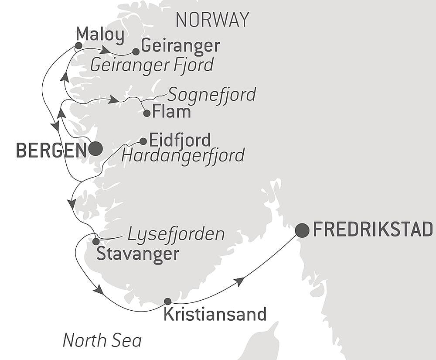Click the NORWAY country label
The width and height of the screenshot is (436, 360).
[x=212, y=20]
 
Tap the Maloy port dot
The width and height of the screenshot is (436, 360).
[x=78, y=45]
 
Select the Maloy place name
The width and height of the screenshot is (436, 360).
[x=100, y=35]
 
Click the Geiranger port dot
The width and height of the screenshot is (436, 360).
[x=136, y=51]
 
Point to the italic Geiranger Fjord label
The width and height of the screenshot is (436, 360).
[x=152, y=65]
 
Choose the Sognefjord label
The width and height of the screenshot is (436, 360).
[x=211, y=94]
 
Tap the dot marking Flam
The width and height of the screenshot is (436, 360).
[x=147, y=113]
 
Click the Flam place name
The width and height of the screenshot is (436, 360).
[x=171, y=112]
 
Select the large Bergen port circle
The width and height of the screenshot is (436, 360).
[x=95, y=149]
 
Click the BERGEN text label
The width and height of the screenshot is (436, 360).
[x=51, y=150]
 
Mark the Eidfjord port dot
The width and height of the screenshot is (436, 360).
[x=143, y=141]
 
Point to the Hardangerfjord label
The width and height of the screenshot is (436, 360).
[x=183, y=155]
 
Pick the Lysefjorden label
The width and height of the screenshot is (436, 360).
[x=176, y=234]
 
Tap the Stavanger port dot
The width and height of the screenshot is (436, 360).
[x=96, y=241]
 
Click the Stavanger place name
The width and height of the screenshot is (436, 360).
[x=138, y=254]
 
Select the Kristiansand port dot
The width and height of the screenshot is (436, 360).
[x=167, y=301]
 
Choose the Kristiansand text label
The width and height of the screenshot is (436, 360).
[x=215, y=314]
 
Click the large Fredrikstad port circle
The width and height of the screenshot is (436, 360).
[x=302, y=230]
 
